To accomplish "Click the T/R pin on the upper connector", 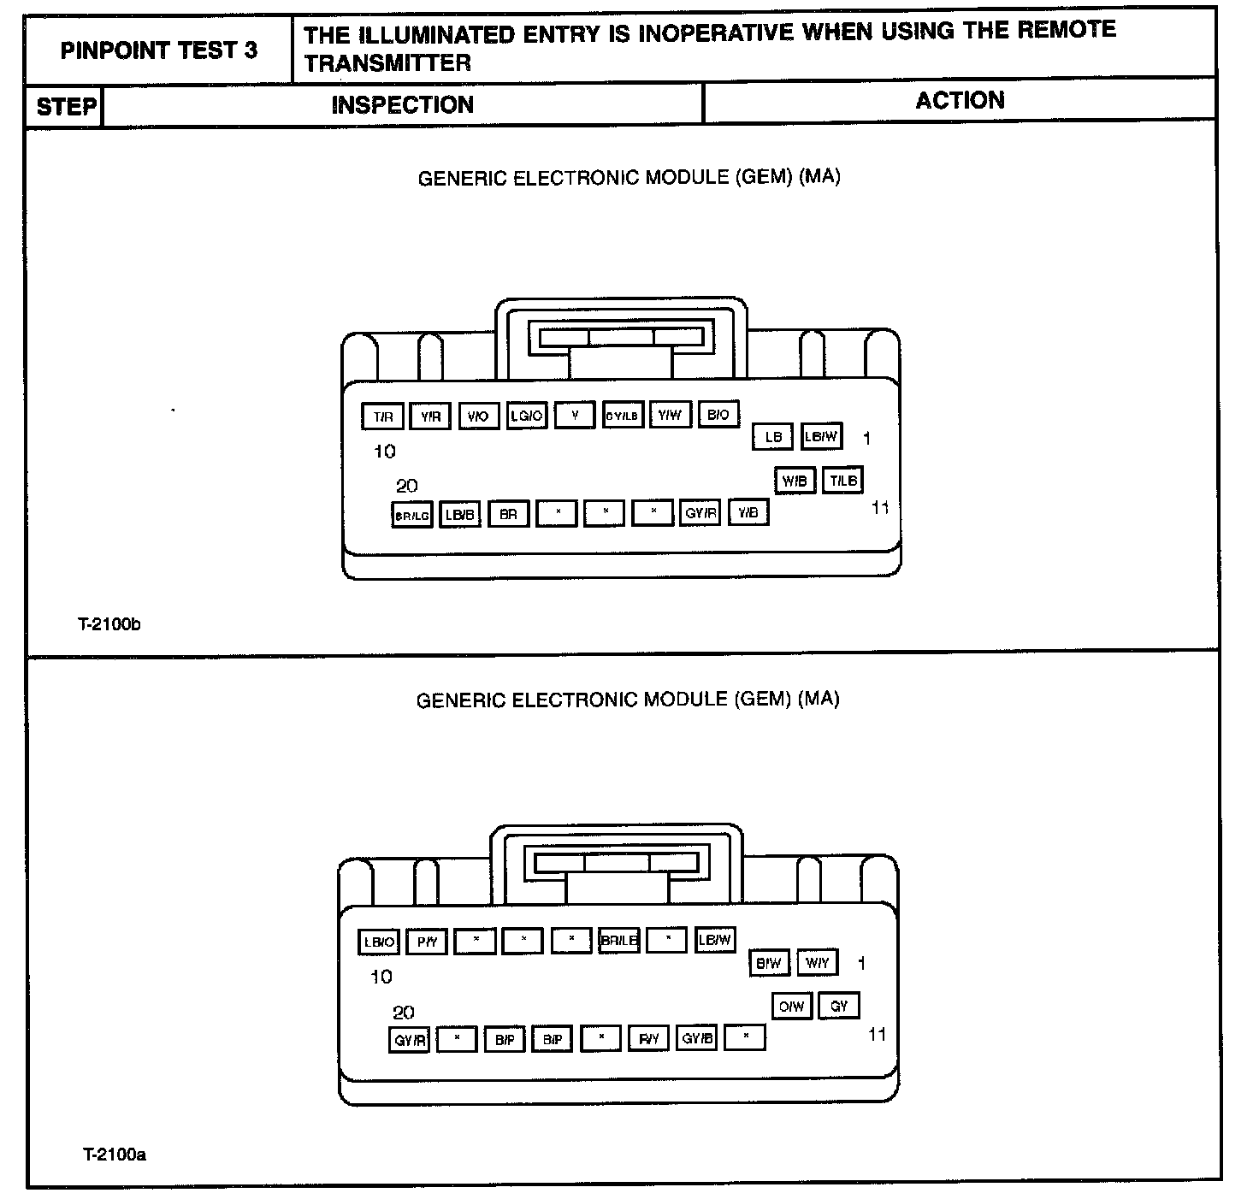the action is tap(383, 416).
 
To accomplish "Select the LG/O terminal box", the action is tap(527, 416).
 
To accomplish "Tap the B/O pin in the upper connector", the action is tap(718, 415).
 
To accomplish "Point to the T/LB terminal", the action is tap(843, 481).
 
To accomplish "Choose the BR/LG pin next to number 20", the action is tap(411, 516).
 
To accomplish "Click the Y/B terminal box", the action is tap(748, 513).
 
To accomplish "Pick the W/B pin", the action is tap(795, 481).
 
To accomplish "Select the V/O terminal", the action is tap(478, 416).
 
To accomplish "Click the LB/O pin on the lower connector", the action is tap(379, 942).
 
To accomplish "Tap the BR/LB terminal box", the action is tap(619, 941).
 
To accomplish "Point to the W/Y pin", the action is tap(818, 963).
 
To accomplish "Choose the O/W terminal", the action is tap(791, 1007).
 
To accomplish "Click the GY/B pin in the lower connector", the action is tap(697, 1039).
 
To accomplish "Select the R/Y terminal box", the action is tap(649, 1039).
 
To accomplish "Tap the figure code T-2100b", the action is tap(109, 624).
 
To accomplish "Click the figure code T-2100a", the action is tap(115, 1155).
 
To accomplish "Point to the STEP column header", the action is tap(65, 107).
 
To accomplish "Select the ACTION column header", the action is tap(960, 101).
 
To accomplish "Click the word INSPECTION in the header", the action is tap(402, 105).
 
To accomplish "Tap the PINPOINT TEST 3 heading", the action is tap(159, 50).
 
